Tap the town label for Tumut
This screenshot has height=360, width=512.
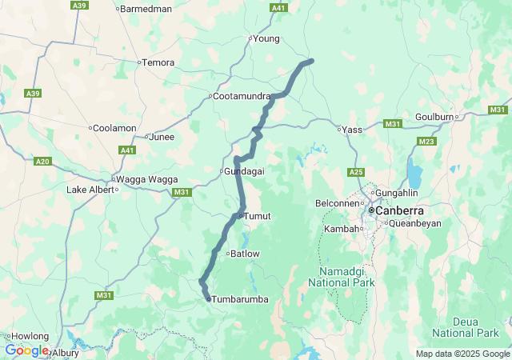258,216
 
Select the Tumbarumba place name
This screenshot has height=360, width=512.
239,299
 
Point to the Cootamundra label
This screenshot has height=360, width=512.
242,96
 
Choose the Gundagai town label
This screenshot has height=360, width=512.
244,171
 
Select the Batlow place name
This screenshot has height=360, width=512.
245,254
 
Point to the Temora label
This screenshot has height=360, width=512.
158,62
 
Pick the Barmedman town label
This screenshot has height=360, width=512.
145,9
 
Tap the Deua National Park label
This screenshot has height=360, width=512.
465,326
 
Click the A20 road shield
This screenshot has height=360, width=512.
43,162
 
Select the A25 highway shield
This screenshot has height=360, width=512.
356,172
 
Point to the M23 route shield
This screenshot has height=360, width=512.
426,142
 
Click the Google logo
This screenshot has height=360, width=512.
26,350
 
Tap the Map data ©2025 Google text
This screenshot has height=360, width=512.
462,354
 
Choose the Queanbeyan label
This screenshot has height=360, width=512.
415,223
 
